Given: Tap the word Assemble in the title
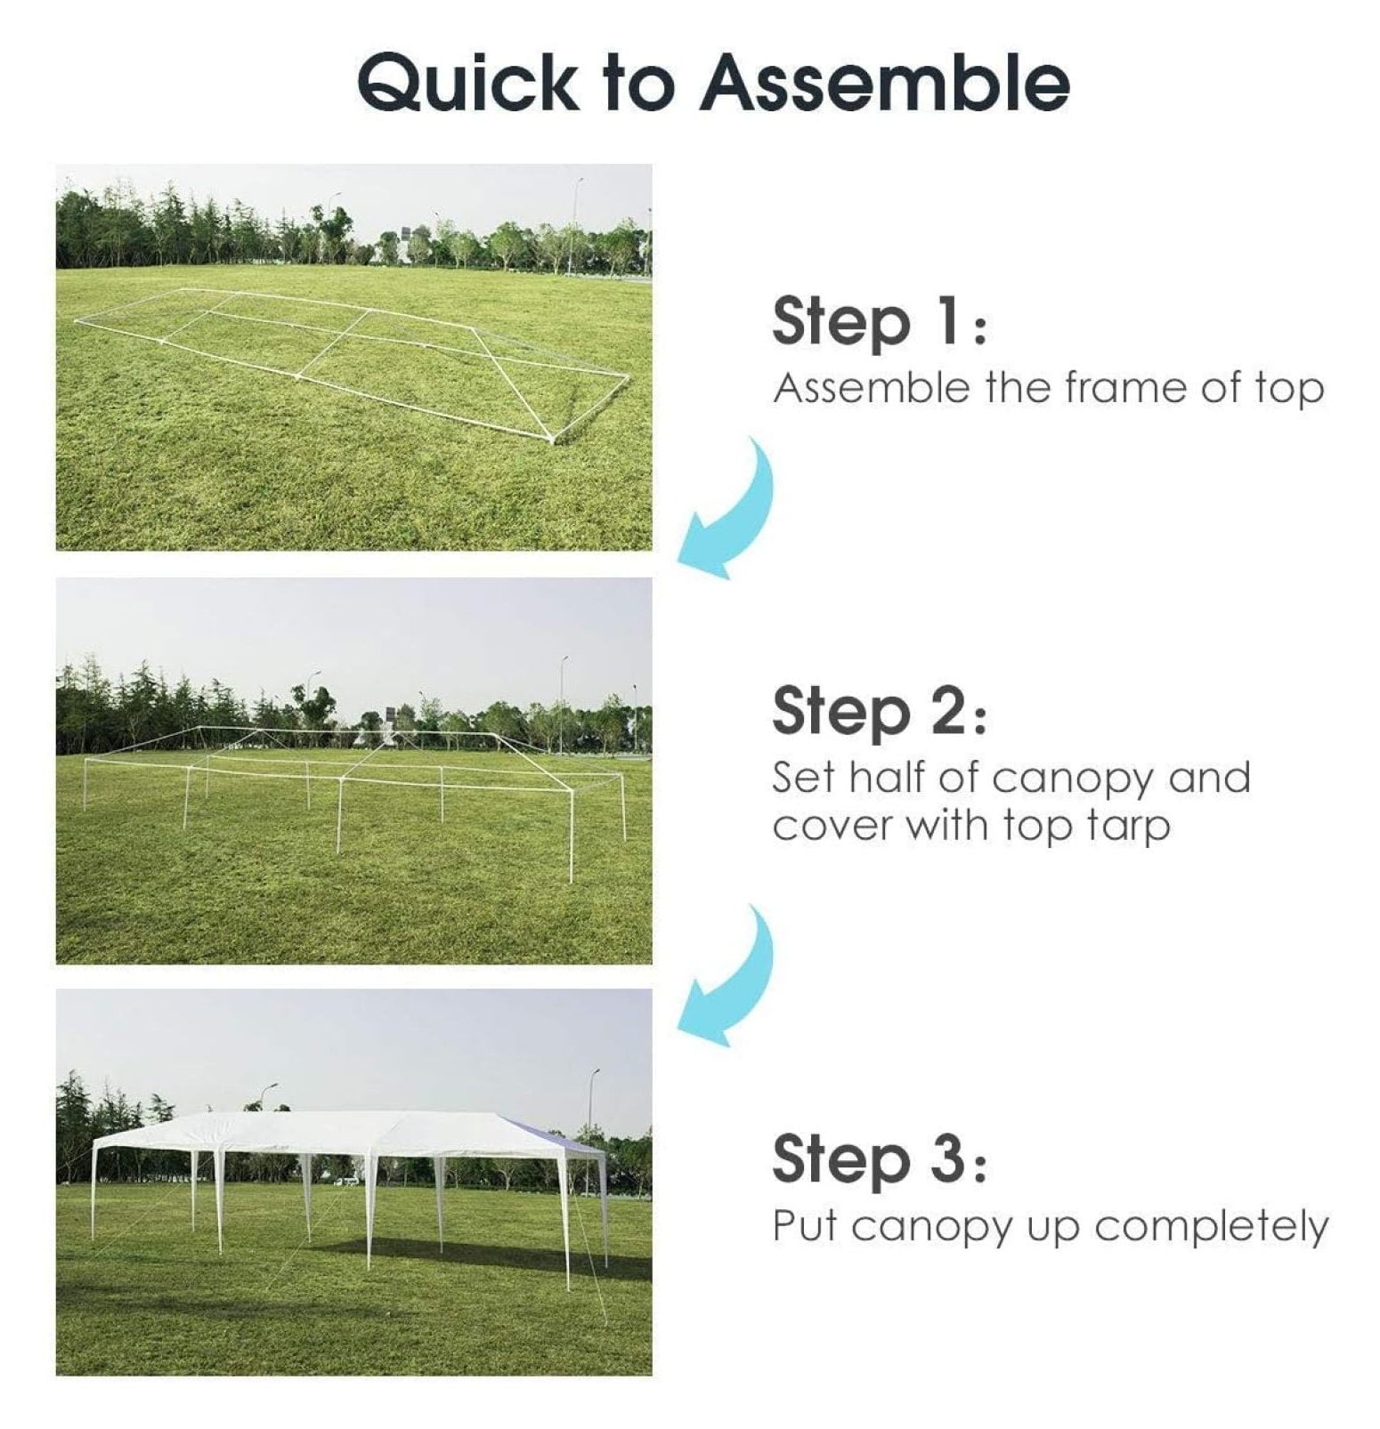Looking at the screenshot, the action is pyautogui.click(x=885, y=82).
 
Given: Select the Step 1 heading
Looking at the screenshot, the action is pyautogui.click(x=879, y=321).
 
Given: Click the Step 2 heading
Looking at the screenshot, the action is pyautogui.click(x=879, y=713).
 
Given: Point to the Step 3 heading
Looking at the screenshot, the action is pyautogui.click(x=879, y=1159).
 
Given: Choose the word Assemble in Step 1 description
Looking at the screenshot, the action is pyautogui.click(x=870, y=388).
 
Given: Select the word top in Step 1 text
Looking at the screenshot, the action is pyautogui.click(x=1289, y=390).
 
